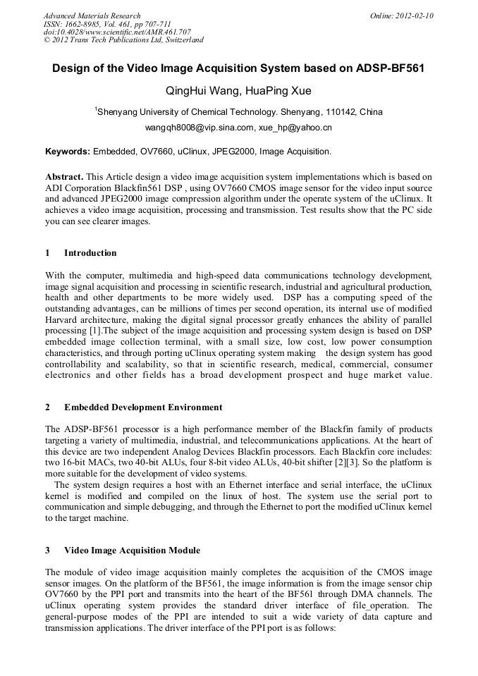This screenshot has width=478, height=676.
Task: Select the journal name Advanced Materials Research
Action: tap(92, 16)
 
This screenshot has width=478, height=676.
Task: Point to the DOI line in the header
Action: tap(117, 32)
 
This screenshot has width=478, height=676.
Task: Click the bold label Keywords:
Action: tap(67, 152)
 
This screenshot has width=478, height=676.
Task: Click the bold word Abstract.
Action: tap(64, 176)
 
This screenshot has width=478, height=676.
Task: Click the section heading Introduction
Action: tap(90, 253)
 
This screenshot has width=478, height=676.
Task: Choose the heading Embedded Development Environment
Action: tap(143, 407)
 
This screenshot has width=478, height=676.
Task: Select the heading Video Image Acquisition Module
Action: tap(132, 550)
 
